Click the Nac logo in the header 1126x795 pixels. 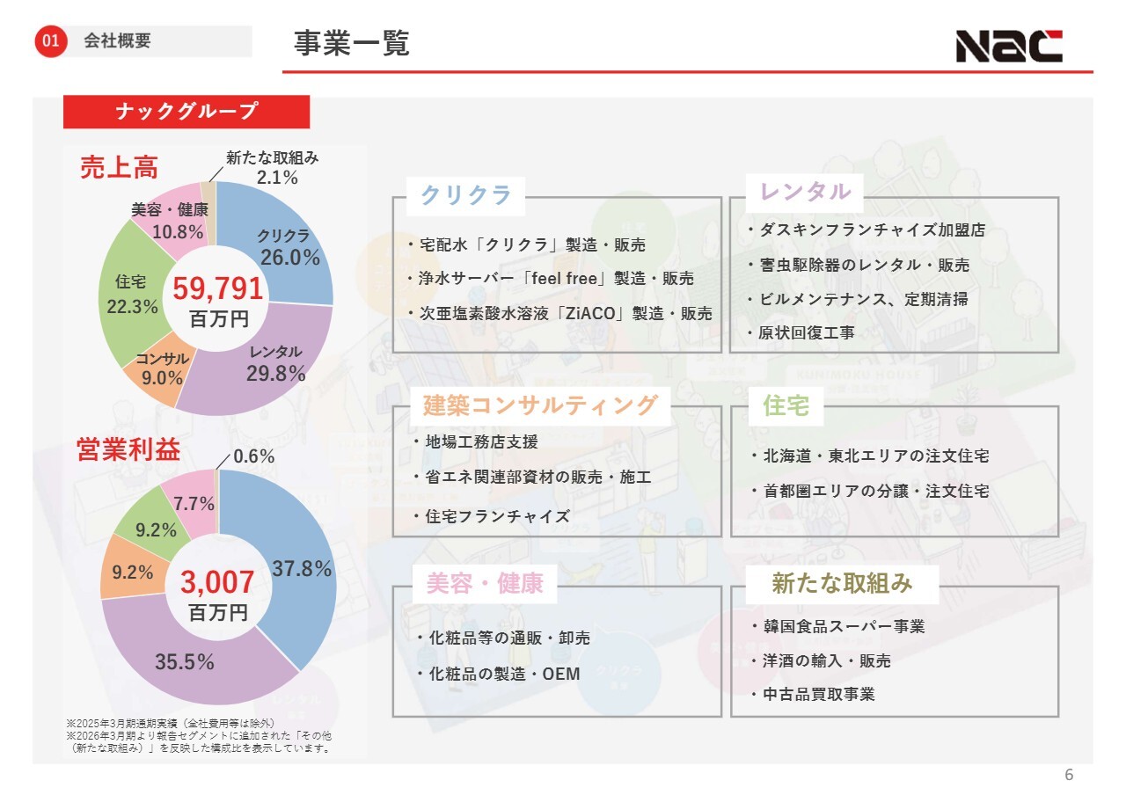click(x=1009, y=46)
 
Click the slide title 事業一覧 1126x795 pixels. click(x=352, y=43)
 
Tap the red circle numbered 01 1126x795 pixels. click(x=52, y=41)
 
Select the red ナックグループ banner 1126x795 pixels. click(x=186, y=112)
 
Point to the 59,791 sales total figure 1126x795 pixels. click(x=217, y=288)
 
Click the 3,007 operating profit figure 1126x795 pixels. click(x=217, y=581)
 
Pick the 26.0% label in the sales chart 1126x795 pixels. click(x=289, y=257)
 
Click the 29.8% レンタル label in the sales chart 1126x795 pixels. click(x=275, y=373)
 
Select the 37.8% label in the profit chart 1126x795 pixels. click(x=302, y=568)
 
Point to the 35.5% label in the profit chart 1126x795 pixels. click(x=185, y=662)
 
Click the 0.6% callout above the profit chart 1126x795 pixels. click(x=254, y=456)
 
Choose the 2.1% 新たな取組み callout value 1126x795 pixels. click(x=277, y=178)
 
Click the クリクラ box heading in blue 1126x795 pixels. click(x=465, y=195)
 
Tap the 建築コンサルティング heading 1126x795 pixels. click(x=540, y=405)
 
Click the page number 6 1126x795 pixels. click(x=1069, y=775)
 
